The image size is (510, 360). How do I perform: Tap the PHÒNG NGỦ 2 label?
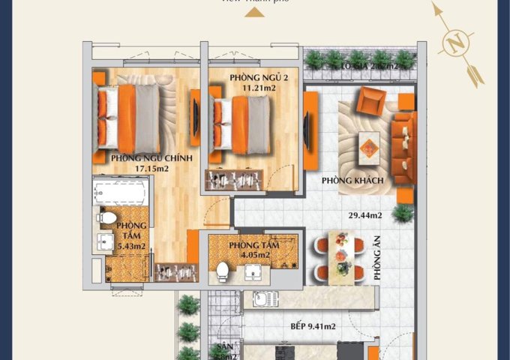(235, 76)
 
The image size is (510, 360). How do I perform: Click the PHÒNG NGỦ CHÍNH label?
(152, 158)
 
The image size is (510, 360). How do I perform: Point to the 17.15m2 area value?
(153, 169)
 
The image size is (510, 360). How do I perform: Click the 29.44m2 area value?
(365, 215)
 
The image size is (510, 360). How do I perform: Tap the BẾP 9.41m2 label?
(313, 327)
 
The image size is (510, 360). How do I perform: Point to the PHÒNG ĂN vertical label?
(377, 259)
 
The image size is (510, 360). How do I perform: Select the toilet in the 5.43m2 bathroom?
(107, 218)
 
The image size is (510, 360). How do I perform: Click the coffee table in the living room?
(368, 144)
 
